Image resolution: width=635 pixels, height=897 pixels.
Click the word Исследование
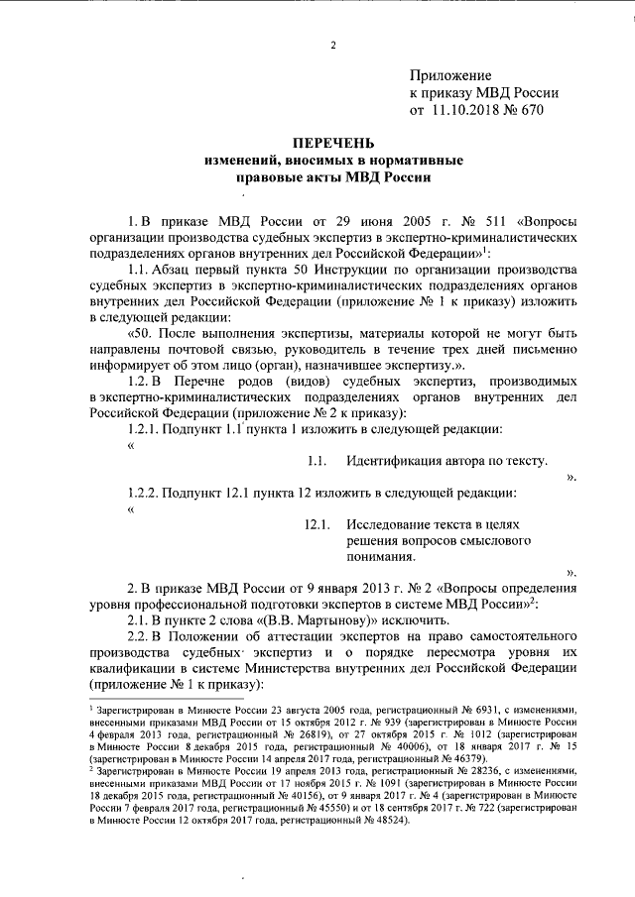click(393, 523)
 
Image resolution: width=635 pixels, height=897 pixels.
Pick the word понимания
click(381, 555)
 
